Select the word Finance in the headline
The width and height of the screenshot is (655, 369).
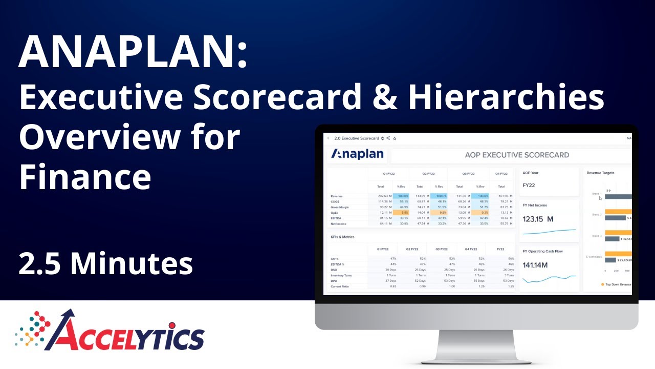click(x=85, y=177)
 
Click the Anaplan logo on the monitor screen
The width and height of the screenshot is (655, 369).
click(x=357, y=154)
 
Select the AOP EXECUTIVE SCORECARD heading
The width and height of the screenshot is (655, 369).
click(x=517, y=155)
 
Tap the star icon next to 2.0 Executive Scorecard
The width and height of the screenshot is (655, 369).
click(x=395, y=138)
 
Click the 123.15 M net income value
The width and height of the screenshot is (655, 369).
click(x=538, y=219)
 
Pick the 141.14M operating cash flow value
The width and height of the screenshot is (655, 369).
click(x=535, y=265)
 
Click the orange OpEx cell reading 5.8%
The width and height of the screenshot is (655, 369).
click(x=401, y=213)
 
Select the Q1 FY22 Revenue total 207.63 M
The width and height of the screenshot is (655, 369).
click(x=384, y=196)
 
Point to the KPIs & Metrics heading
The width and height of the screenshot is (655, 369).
click(x=343, y=237)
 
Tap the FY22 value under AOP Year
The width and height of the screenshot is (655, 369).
click(x=529, y=185)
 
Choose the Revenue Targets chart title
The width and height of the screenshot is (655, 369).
click(x=601, y=173)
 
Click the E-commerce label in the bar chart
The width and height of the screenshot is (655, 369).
click(x=594, y=256)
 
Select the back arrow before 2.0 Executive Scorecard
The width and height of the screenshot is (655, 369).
click(x=328, y=138)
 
